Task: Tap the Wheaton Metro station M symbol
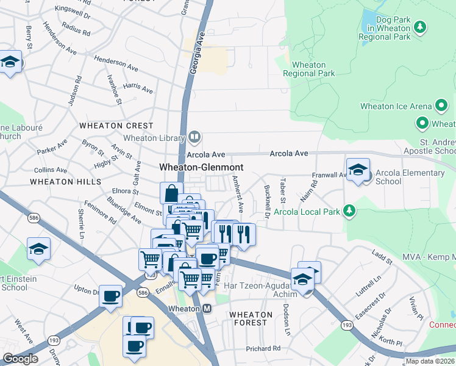(207, 309)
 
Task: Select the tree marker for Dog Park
(419, 27)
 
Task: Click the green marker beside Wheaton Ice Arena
(441, 106)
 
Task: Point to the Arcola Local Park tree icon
(349, 211)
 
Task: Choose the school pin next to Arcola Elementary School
(358, 170)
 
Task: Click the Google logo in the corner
(20, 359)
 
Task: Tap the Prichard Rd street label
(263, 348)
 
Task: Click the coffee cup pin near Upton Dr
(110, 296)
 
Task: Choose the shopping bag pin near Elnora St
(171, 193)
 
